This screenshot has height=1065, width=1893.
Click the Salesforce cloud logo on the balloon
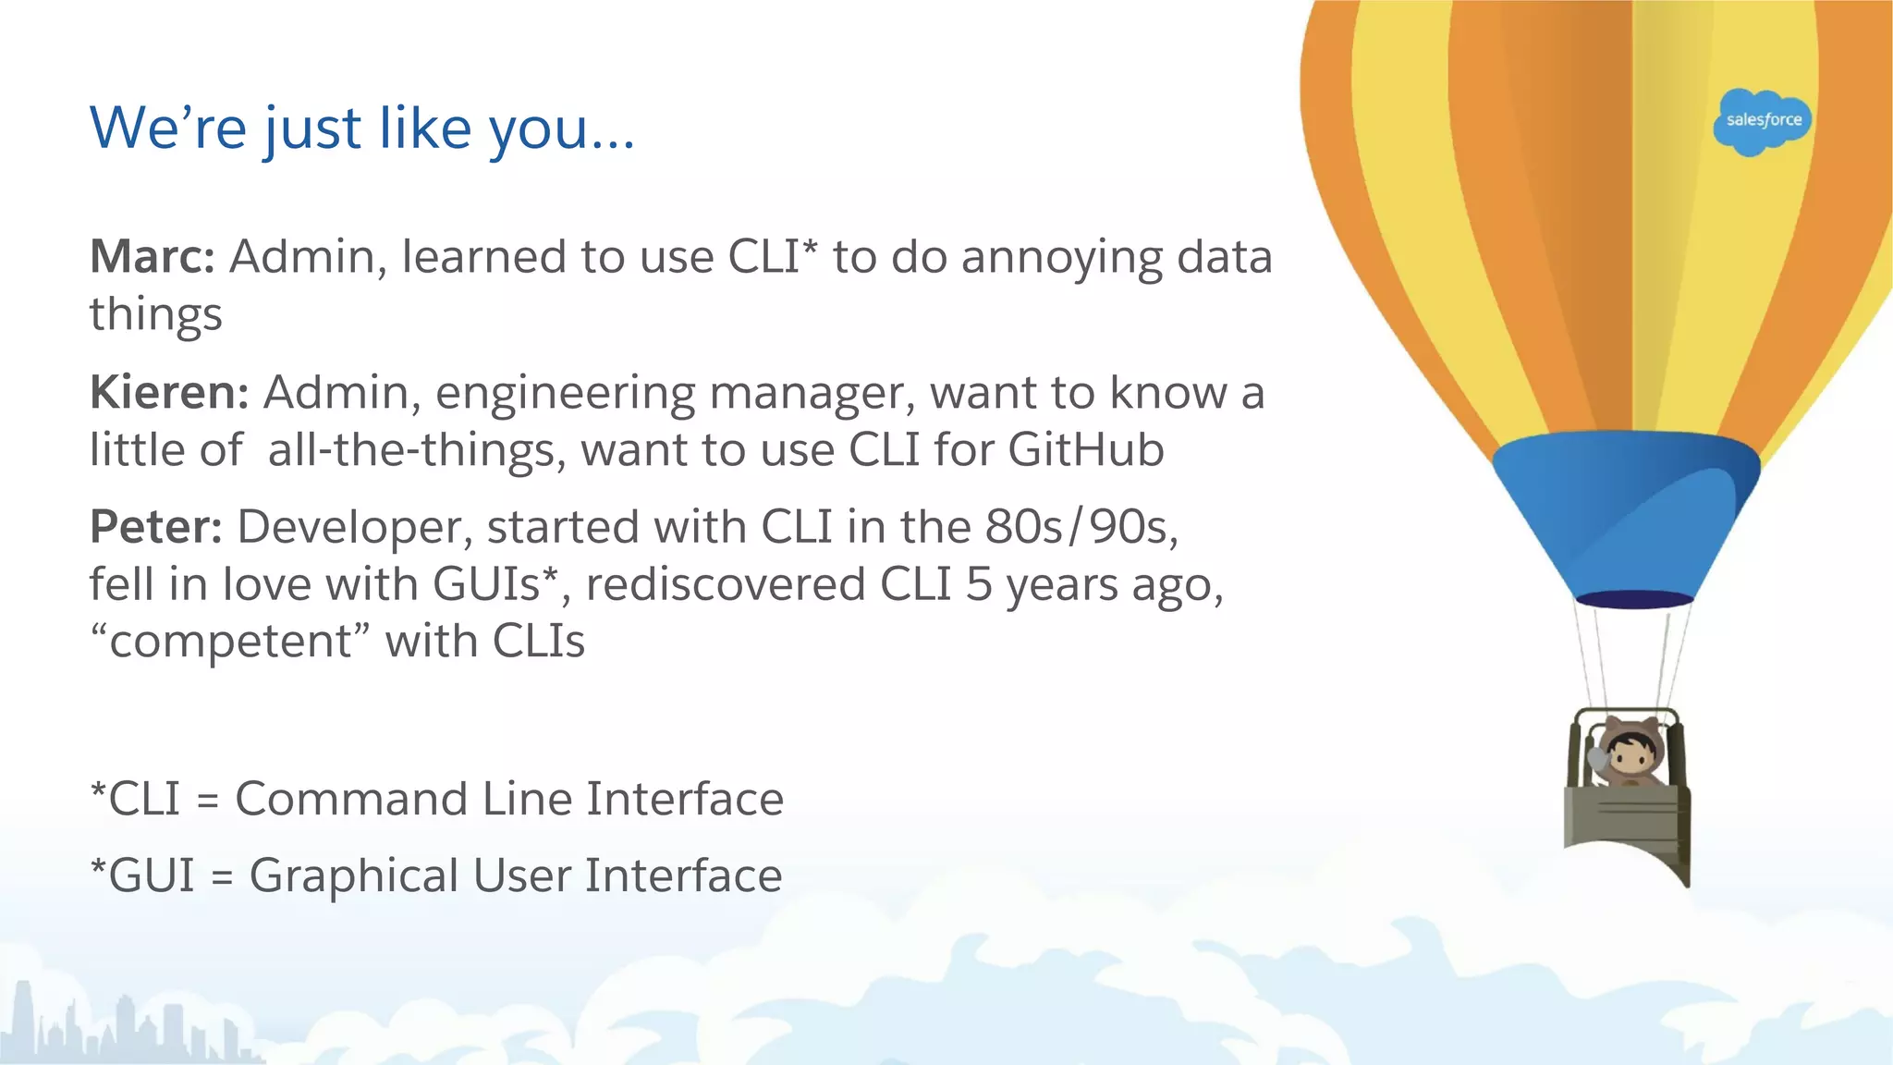click(x=1762, y=121)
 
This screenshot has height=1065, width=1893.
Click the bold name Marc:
click(x=153, y=257)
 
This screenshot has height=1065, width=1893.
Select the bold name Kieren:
click(x=169, y=393)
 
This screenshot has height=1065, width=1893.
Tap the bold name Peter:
click(x=155, y=528)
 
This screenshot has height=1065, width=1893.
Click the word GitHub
click(x=1085, y=450)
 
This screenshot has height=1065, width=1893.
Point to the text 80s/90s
click(x=1081, y=528)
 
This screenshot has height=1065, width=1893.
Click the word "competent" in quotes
click(x=230, y=642)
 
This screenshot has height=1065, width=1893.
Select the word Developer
click(x=355, y=528)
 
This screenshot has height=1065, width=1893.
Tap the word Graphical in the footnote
click(x=354, y=876)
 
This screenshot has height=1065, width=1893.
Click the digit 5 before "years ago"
click(x=978, y=585)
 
